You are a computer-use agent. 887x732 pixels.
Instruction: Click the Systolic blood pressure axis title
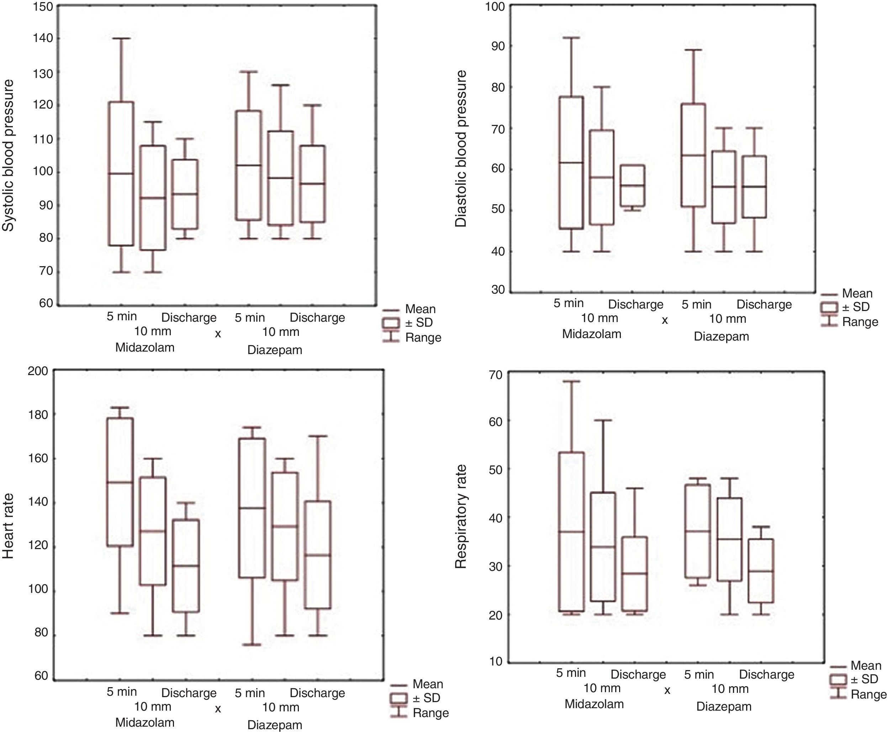point(9,155)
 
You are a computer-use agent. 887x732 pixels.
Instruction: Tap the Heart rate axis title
point(9,526)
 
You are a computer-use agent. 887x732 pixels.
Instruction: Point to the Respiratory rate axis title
point(461,517)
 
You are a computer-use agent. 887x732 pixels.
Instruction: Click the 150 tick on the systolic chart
point(43,7)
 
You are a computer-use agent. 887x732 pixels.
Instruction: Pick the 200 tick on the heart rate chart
point(38,371)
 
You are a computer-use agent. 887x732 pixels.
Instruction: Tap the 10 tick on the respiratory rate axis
point(496,661)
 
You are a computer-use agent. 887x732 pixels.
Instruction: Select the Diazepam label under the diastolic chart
point(721,337)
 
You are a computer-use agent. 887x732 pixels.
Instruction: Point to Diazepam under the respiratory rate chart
point(723,707)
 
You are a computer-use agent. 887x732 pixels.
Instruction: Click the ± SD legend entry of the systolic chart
point(419,322)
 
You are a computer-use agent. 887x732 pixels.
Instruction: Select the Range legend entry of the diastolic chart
point(860,322)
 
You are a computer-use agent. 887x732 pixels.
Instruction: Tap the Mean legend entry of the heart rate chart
point(427,684)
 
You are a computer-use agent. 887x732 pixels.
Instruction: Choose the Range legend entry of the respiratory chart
point(868,695)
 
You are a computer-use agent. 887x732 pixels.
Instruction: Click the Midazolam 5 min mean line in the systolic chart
point(121,173)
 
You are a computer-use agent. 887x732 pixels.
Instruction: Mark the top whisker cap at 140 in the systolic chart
point(121,38)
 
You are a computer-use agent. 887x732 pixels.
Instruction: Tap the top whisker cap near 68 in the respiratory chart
point(571,381)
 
